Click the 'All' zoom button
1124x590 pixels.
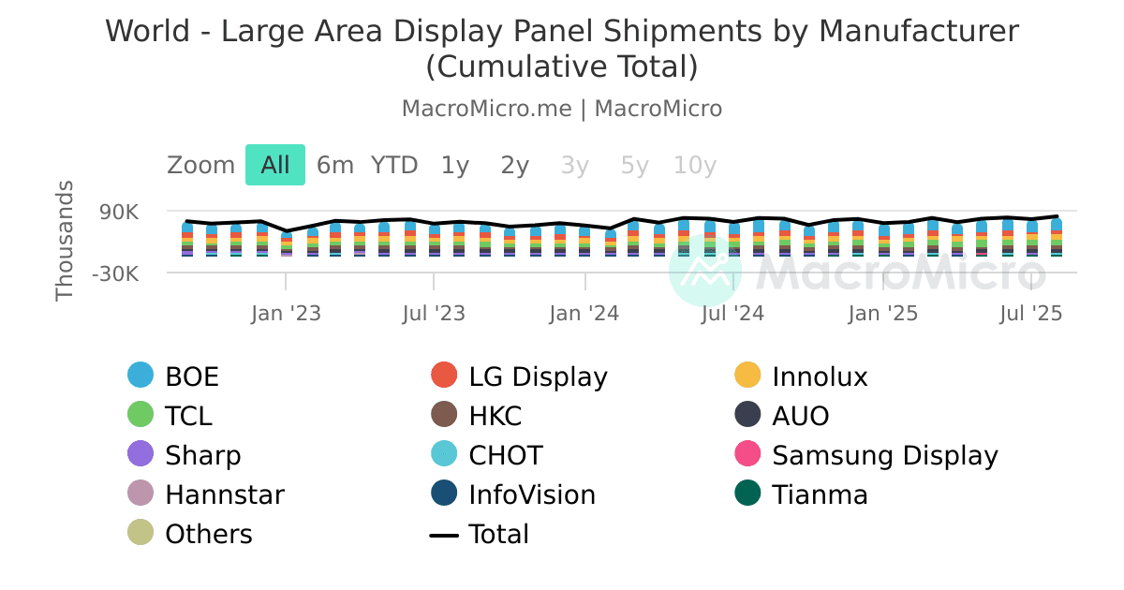coord(275,165)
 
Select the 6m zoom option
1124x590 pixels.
coord(334,165)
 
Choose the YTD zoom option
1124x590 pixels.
coord(394,165)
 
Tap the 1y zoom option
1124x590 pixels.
coord(455,165)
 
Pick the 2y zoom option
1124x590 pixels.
coord(515,165)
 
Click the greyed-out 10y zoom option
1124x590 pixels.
coord(695,165)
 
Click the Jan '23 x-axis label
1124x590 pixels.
coord(286,313)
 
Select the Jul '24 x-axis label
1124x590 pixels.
coord(732,313)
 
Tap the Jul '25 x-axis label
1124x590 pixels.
coord(1031,313)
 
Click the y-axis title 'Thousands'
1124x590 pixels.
coord(65,241)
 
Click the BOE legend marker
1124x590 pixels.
coord(140,376)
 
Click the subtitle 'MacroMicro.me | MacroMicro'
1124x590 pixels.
coord(562,109)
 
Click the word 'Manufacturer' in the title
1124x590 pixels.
coord(919,31)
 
